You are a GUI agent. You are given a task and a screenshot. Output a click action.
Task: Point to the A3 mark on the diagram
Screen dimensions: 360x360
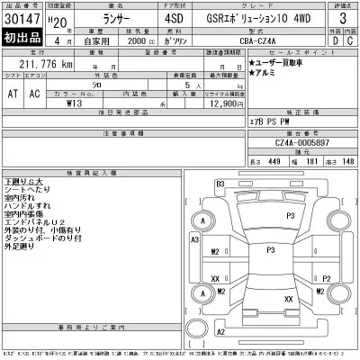193,238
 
